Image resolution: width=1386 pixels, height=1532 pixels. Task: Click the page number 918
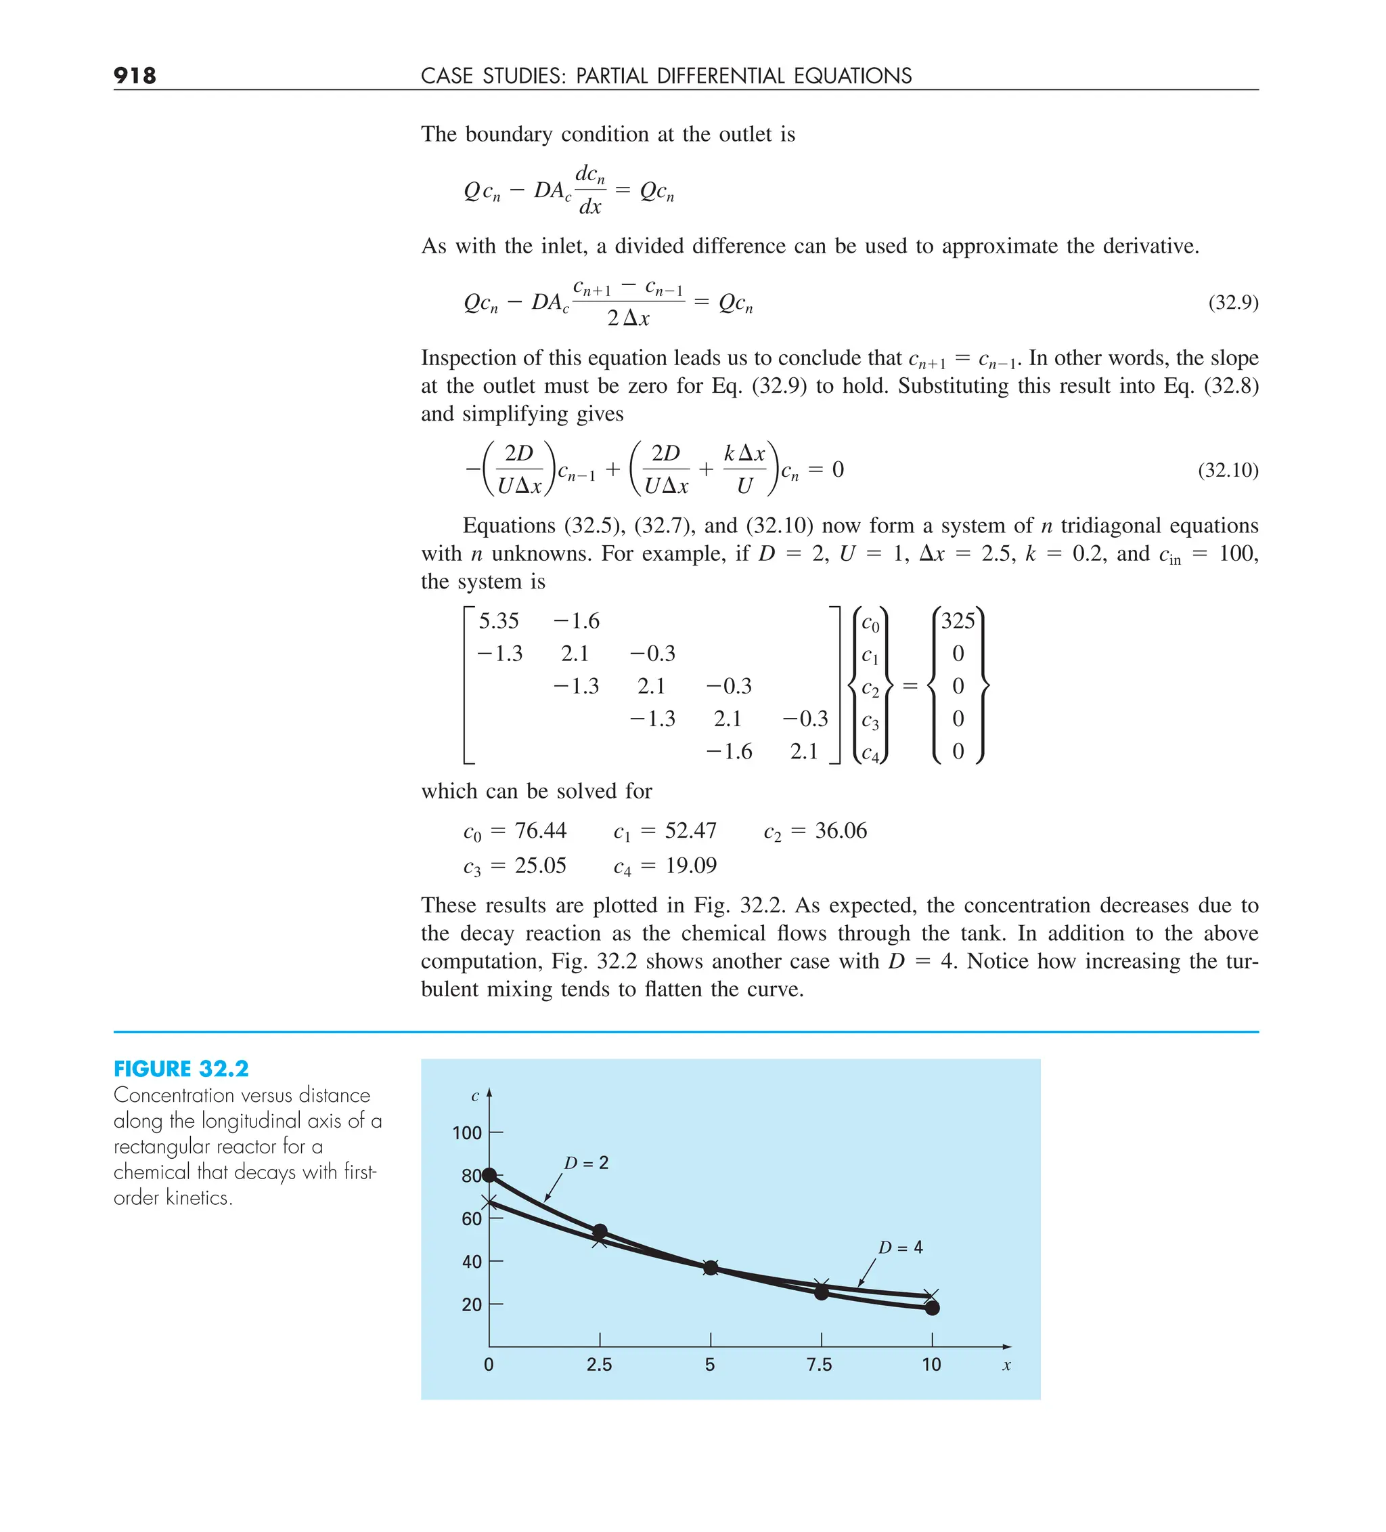[x=135, y=75]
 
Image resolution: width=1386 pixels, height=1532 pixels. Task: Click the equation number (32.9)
[x=1232, y=303]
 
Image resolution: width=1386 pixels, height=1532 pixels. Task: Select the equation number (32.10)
[x=1227, y=471]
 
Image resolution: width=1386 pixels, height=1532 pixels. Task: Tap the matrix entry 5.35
[x=498, y=621]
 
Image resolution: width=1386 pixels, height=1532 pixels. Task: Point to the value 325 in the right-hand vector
[x=957, y=621]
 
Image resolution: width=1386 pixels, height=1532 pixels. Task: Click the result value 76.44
[x=540, y=830]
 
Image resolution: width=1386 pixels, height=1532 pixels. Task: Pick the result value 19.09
[x=690, y=866]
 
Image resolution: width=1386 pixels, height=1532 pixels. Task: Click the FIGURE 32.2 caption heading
[x=181, y=1069]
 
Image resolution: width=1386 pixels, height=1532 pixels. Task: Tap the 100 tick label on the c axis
[x=466, y=1133]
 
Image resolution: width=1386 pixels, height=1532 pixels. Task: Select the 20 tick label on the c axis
[x=471, y=1305]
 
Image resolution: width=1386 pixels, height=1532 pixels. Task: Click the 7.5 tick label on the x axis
[x=819, y=1365]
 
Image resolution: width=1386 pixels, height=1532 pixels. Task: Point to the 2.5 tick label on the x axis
[x=598, y=1365]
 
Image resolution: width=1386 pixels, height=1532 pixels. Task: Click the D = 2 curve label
[x=585, y=1164]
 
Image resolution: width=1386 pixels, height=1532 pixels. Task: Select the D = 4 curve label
[x=900, y=1248]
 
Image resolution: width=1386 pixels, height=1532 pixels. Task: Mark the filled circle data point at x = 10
[x=932, y=1308]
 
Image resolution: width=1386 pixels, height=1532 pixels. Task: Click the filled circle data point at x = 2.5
[x=599, y=1231]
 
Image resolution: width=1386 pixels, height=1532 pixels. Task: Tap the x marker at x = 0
[x=489, y=1202]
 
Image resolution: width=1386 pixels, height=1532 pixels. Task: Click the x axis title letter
[x=1006, y=1365]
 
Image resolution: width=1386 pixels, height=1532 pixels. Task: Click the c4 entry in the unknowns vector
[x=870, y=754]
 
